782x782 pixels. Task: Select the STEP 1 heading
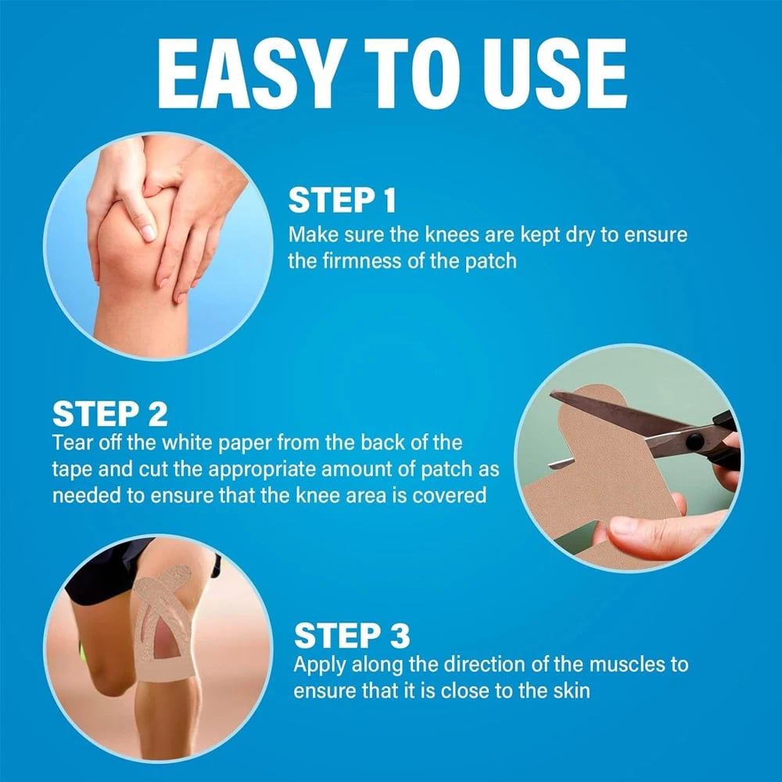pos(343,201)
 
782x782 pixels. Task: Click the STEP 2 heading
pos(110,414)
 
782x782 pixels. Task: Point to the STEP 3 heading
pos(352,636)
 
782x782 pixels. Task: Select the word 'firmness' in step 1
pos(362,260)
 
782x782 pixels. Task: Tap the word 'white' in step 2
pos(188,443)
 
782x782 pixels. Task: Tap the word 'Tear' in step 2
pos(72,443)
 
